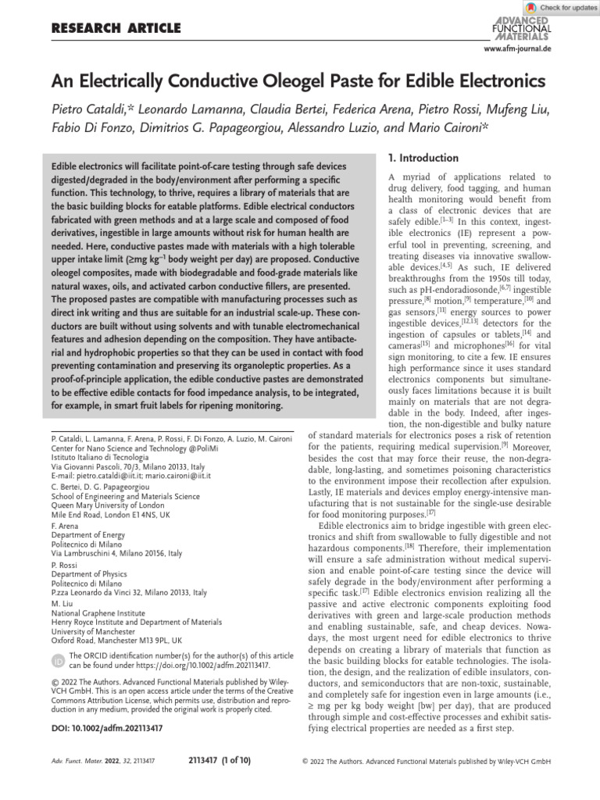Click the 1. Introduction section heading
click(x=424, y=159)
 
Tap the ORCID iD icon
click(x=59, y=661)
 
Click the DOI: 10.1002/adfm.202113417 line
click(x=105, y=728)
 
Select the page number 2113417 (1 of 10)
click(x=220, y=759)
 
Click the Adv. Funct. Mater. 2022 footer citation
click(x=95, y=759)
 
